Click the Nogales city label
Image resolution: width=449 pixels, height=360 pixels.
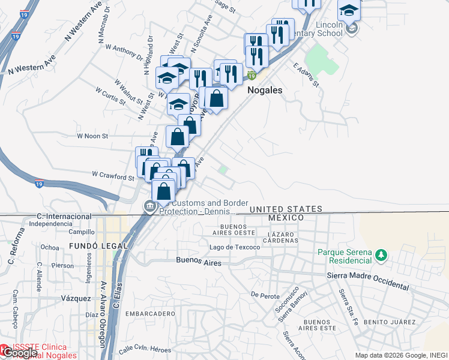(x=265, y=89)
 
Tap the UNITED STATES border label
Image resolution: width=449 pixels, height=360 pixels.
(x=285, y=209)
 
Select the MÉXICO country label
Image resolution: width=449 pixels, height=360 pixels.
(x=286, y=217)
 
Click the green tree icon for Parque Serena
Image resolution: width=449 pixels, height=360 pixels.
(x=380, y=256)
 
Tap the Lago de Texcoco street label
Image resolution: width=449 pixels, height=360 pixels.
(x=235, y=247)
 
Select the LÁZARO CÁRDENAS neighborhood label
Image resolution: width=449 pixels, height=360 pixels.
(x=283, y=236)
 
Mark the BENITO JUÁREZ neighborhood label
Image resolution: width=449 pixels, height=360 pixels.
(x=393, y=322)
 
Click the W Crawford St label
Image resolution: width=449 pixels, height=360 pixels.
(x=113, y=176)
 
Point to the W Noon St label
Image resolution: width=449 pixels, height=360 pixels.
(x=92, y=136)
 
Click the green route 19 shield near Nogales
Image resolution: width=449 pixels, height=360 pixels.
(x=252, y=76)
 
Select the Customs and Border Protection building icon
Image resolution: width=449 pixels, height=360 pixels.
(x=148, y=207)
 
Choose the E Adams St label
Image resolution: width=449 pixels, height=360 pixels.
(x=306, y=74)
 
